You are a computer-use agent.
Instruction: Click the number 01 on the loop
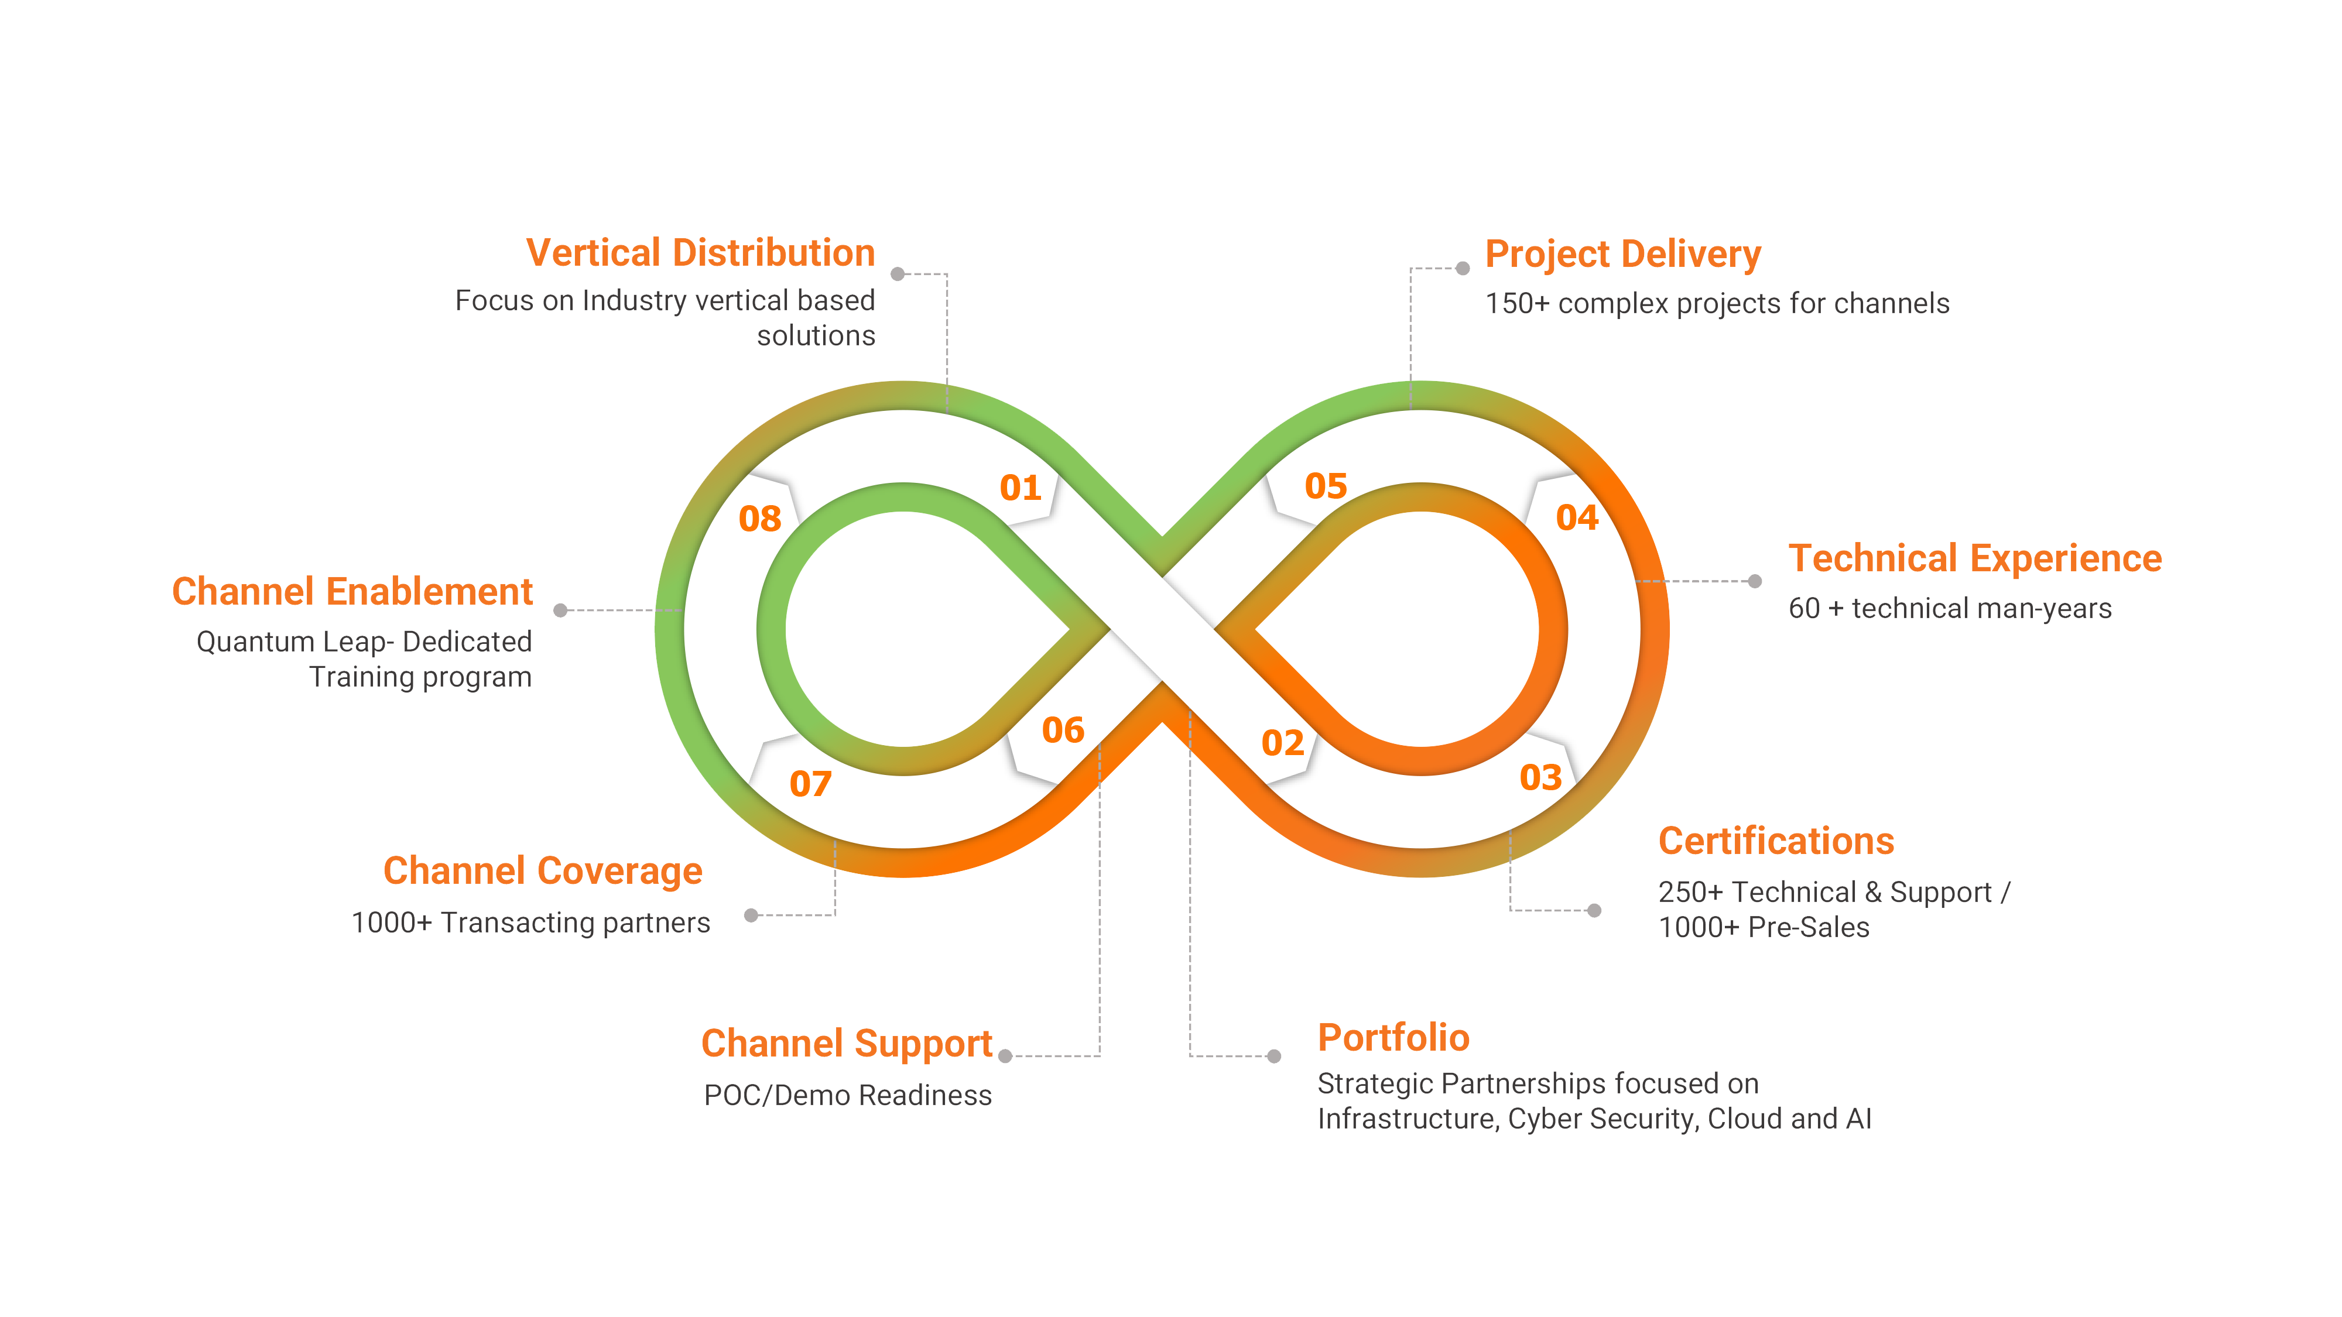[x=1020, y=488]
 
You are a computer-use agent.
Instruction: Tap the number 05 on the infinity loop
[x=1326, y=486]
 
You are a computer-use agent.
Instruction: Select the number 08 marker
[x=760, y=519]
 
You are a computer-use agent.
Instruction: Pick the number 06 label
[x=1063, y=730]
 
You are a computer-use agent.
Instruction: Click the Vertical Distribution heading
[x=701, y=253]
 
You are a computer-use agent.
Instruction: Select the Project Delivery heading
[x=1623, y=255]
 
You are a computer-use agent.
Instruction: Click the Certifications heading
[x=1776, y=841]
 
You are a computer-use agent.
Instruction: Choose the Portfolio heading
[x=1393, y=1037]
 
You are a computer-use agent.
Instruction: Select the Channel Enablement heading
[x=352, y=592]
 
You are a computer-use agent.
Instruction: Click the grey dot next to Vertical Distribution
[x=898, y=273]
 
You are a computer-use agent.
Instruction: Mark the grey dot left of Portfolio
[x=1273, y=1056]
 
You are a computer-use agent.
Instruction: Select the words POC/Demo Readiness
[x=847, y=1095]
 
